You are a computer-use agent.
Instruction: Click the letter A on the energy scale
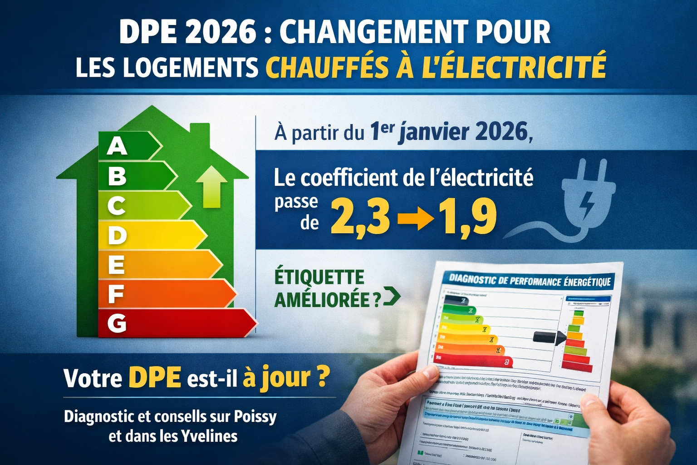pyautogui.click(x=117, y=147)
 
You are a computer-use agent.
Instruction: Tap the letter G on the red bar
pyautogui.click(x=117, y=323)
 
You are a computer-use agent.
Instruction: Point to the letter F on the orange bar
pyautogui.click(x=116, y=294)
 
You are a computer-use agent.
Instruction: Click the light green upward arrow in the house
pyautogui.click(x=211, y=186)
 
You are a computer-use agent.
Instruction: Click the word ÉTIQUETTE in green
pyautogui.click(x=319, y=277)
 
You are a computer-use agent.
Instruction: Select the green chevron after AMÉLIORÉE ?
pyautogui.click(x=392, y=297)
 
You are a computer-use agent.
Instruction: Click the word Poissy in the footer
pyautogui.click(x=255, y=416)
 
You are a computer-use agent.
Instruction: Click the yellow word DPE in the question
pyautogui.click(x=155, y=377)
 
